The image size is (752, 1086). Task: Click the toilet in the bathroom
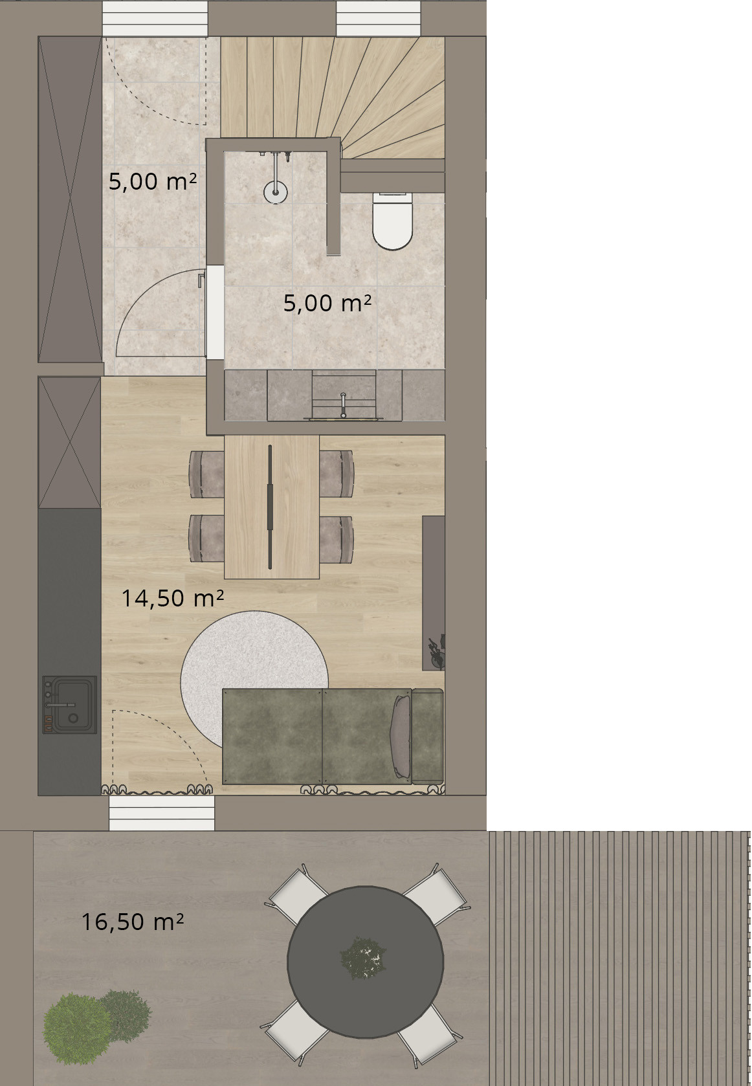pyautogui.click(x=392, y=221)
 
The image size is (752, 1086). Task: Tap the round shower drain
pyautogui.click(x=276, y=192)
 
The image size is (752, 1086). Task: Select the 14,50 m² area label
pyautogui.click(x=172, y=598)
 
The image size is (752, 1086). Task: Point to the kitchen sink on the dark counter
pyautogui.click(x=69, y=705)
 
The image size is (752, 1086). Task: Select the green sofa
pyautogui.click(x=333, y=736)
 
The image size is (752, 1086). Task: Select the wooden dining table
pyautogui.click(x=272, y=507)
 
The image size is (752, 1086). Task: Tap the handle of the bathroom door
pyautogui.click(x=201, y=280)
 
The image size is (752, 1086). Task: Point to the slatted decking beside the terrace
pyautogui.click(x=619, y=958)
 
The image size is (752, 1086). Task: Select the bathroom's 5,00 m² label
pyautogui.click(x=327, y=304)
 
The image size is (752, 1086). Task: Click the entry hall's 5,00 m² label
pyautogui.click(x=153, y=181)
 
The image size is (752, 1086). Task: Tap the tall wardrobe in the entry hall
pyautogui.click(x=70, y=199)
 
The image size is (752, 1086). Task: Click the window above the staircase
pyautogui.click(x=378, y=18)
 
